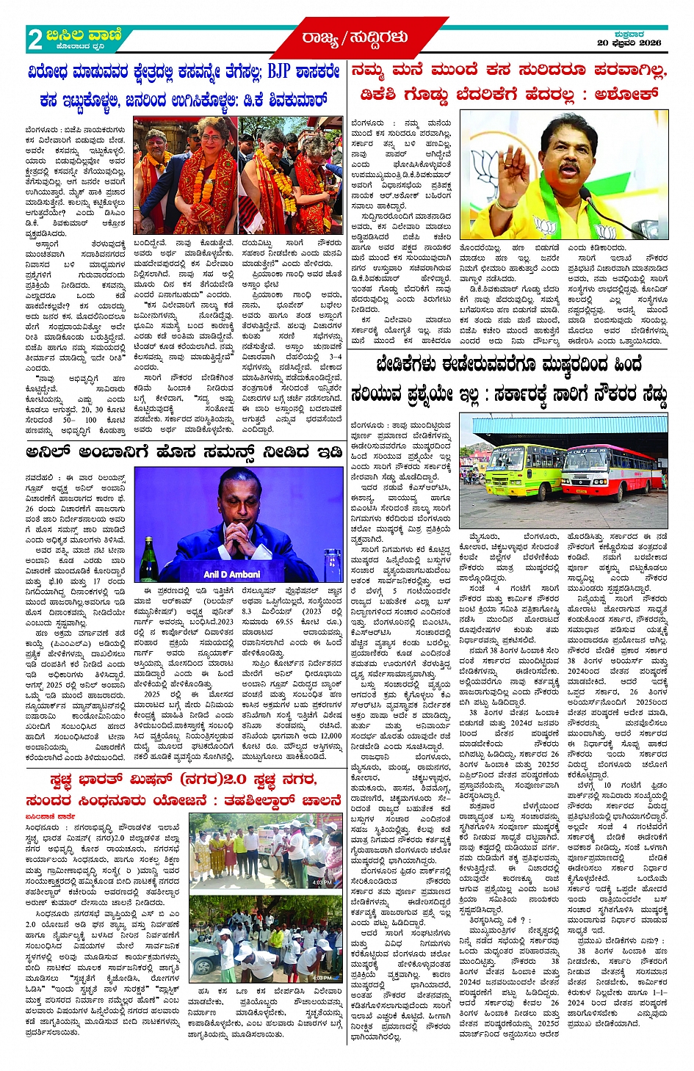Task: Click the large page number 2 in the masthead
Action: point(34,39)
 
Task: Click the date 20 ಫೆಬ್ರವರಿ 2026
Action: point(630,43)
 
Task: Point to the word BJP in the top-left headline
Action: point(278,72)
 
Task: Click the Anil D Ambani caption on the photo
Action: point(232,574)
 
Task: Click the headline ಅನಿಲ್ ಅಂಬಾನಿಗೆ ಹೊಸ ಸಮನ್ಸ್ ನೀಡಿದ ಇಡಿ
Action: point(184,452)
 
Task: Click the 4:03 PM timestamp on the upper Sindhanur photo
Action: point(322,881)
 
